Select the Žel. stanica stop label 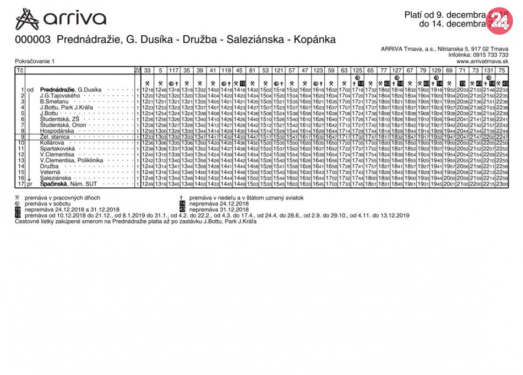tap(55, 137)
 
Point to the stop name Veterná tap(51, 172)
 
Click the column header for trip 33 tap(147, 70)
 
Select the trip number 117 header tap(173, 70)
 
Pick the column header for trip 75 tap(502, 70)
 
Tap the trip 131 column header tap(488, 70)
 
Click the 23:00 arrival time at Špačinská tap(502, 184)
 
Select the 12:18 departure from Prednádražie tap(147, 90)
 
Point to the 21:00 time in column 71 tap(462, 184)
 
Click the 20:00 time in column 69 tap(449, 178)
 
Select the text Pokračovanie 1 tap(35, 61)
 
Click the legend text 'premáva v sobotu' tap(46, 203)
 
